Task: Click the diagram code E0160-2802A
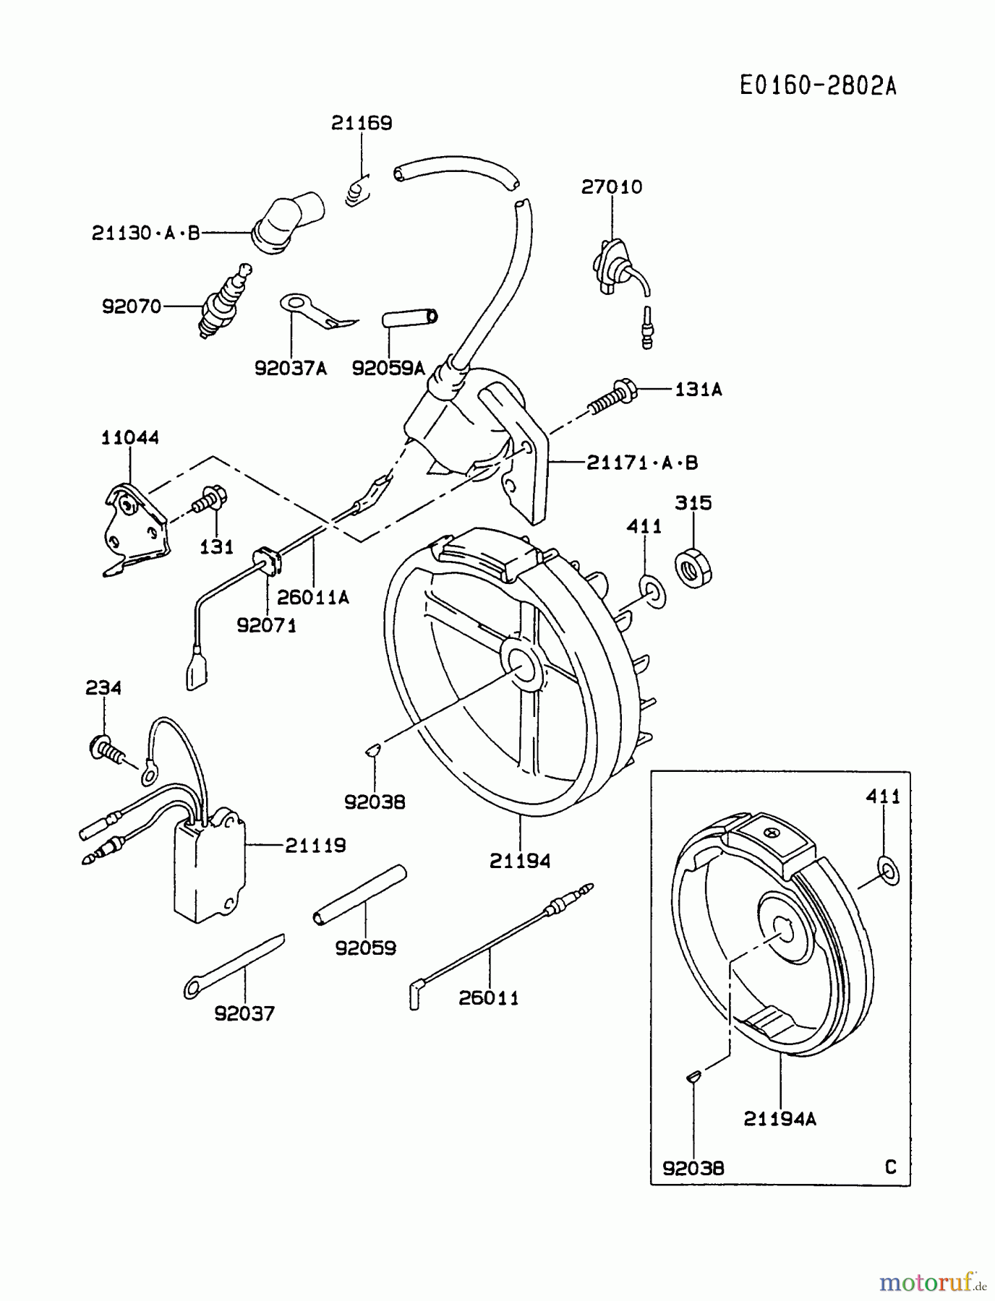pyautogui.click(x=818, y=86)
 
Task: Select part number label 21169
pyautogui.click(x=362, y=124)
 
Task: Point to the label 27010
pyautogui.click(x=611, y=187)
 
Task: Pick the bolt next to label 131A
pyautogui.click(x=613, y=397)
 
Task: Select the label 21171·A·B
pyautogui.click(x=642, y=463)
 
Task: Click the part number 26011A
pyautogui.click(x=313, y=597)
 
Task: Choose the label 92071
pyautogui.click(x=267, y=625)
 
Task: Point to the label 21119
pyautogui.click(x=315, y=845)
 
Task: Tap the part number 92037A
pyautogui.click(x=290, y=369)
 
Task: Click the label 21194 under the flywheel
pyautogui.click(x=520, y=861)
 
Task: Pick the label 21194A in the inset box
pyautogui.click(x=780, y=1119)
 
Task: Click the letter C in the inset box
pyautogui.click(x=890, y=1167)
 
